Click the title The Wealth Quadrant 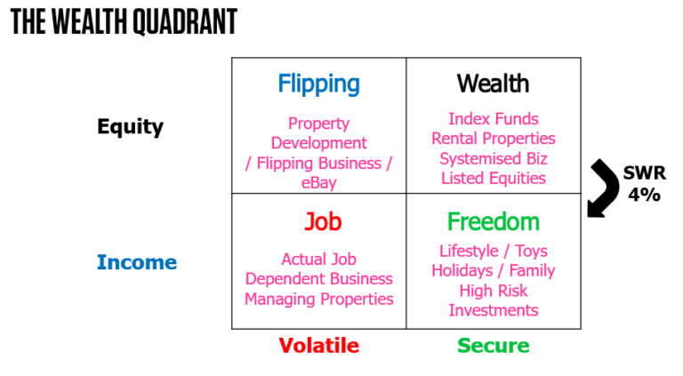[124, 22]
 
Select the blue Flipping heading [318, 84]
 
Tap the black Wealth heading [493, 84]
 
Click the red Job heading [318, 221]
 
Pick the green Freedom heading [493, 221]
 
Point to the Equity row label [130, 126]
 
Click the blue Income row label [136, 262]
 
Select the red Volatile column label [318, 345]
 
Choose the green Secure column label [493, 345]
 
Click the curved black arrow [606, 186]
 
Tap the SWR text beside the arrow [644, 174]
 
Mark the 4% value [644, 195]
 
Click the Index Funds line [493, 119]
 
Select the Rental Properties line [493, 139]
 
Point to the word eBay [318, 183]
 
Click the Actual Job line [318, 260]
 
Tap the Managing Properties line [318, 299]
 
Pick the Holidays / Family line [493, 270]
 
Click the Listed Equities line [493, 178]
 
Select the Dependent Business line [318, 279]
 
